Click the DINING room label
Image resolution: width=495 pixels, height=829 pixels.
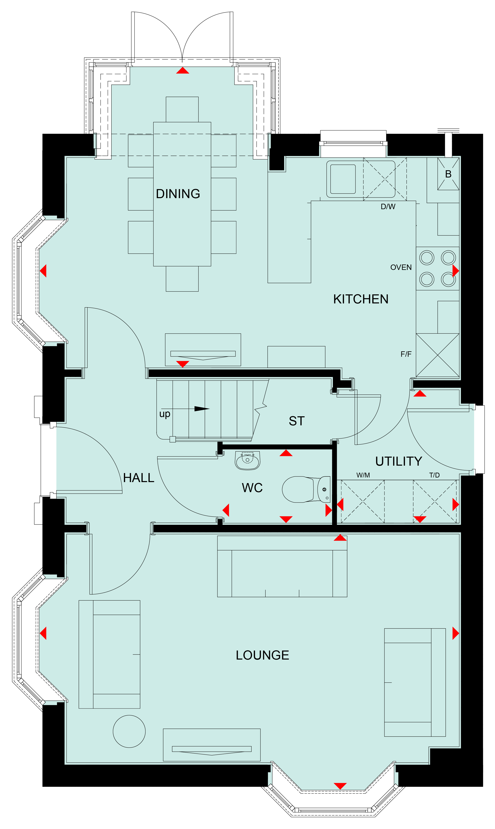click(x=178, y=194)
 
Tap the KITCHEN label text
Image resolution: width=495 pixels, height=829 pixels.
click(x=361, y=299)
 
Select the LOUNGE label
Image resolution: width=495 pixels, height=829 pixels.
click(x=262, y=655)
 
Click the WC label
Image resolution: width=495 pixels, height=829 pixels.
click(x=252, y=488)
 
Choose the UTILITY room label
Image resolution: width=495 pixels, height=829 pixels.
click(x=399, y=461)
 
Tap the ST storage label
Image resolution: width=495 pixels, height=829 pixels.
click(x=297, y=421)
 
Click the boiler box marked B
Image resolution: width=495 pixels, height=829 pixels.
click(x=448, y=174)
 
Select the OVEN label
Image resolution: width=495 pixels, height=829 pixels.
click(x=401, y=267)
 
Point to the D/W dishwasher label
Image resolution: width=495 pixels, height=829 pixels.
click(x=388, y=207)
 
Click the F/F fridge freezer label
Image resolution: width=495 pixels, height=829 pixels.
click(x=406, y=354)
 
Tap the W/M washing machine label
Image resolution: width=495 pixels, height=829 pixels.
click(x=363, y=475)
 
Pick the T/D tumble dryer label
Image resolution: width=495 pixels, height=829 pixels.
click(x=434, y=475)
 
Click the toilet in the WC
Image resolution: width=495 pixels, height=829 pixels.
click(x=306, y=489)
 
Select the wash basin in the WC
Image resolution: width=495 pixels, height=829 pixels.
click(x=247, y=461)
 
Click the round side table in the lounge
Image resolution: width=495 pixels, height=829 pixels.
click(x=129, y=731)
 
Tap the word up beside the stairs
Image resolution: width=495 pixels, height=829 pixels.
click(x=165, y=414)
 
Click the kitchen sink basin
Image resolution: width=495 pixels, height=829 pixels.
click(x=343, y=179)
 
